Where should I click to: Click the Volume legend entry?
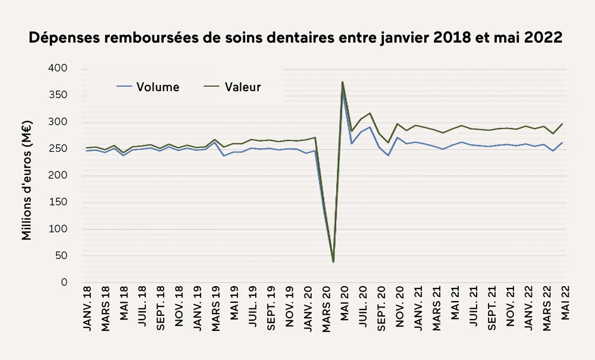[157, 87]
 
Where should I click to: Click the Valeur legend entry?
[243, 87]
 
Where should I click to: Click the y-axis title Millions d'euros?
[27, 180]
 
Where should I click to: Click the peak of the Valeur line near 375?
[343, 82]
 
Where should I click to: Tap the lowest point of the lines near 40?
[333, 262]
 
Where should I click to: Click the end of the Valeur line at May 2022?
[562, 124]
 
